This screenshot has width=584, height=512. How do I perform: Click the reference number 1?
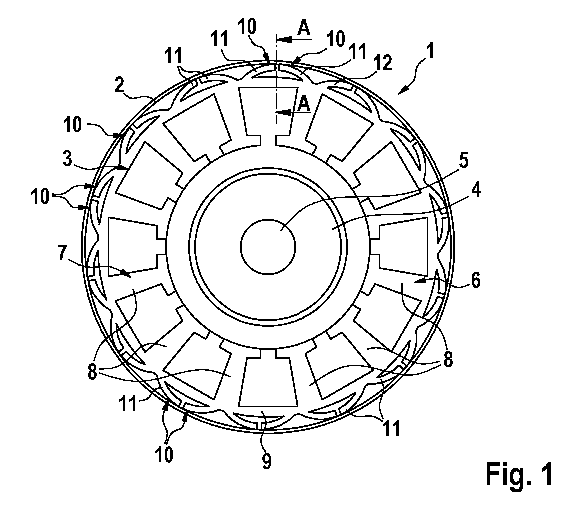pos(430,52)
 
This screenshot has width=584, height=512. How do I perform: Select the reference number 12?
pos(383,63)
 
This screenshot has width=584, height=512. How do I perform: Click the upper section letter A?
pos(304,29)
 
